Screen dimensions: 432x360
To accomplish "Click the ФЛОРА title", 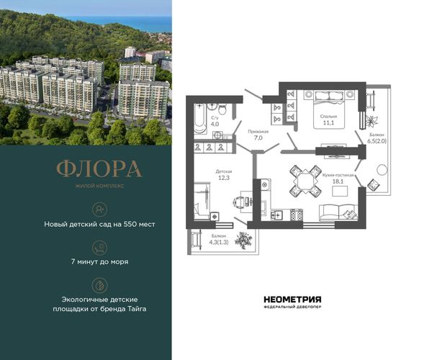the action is pyautogui.click(x=99, y=168).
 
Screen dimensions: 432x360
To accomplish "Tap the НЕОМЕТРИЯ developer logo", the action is pyautogui.click(x=292, y=302).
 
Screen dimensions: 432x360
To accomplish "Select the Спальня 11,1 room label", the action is pyautogui.click(x=328, y=120).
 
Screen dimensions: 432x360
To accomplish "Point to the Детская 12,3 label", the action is pyautogui.click(x=224, y=175).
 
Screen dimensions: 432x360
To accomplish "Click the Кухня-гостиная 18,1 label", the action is pyautogui.click(x=338, y=179).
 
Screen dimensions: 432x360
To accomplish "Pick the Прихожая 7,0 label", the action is pyautogui.click(x=258, y=135).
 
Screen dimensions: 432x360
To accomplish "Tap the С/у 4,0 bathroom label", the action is pyautogui.click(x=215, y=121).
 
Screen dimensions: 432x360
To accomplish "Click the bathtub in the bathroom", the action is pyautogui.click(x=200, y=119).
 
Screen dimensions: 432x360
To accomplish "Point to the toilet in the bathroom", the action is pyautogui.click(x=222, y=109).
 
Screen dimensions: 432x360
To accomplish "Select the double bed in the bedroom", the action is pyautogui.click(x=329, y=109).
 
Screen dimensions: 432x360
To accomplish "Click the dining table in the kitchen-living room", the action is pyautogui.click(x=305, y=181).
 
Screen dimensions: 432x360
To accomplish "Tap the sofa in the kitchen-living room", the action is pyautogui.click(x=338, y=212).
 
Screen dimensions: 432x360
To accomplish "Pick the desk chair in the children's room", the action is pyautogui.click(x=238, y=202).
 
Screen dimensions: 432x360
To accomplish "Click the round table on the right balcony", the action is pyautogui.click(x=382, y=170).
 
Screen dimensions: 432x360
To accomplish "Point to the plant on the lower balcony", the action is pyautogui.click(x=243, y=240).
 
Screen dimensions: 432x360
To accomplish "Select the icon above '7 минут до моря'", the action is pyautogui.click(x=100, y=247).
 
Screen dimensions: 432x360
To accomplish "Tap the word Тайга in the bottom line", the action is pyautogui.click(x=137, y=309).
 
